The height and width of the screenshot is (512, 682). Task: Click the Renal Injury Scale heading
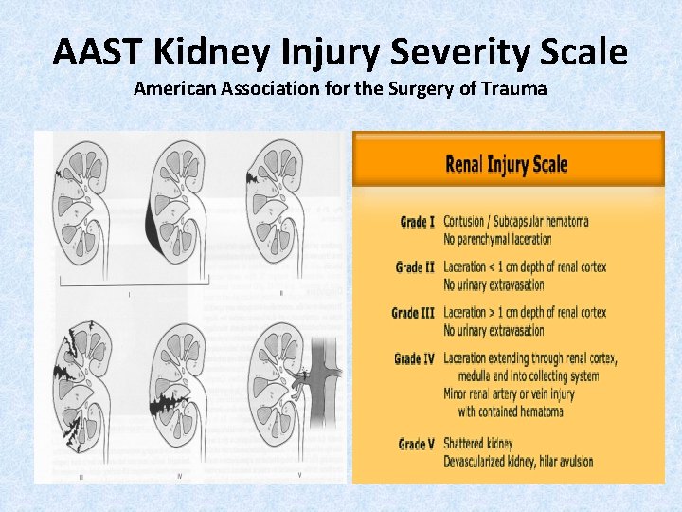coord(507,164)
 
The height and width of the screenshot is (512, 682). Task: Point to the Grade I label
coord(417,222)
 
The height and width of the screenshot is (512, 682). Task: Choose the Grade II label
coord(415,267)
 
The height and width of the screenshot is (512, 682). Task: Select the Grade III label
coord(413,313)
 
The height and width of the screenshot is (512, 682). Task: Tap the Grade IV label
coord(414,358)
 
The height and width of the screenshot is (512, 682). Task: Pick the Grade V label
coord(416,444)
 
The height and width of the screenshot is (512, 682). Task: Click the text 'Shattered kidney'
coord(478,444)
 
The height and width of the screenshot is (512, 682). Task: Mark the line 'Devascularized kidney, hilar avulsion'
coord(518,462)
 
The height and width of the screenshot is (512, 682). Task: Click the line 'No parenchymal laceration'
coord(497,240)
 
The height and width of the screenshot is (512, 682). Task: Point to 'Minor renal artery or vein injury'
coord(509,394)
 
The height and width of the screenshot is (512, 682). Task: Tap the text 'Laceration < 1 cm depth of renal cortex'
coord(525,267)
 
